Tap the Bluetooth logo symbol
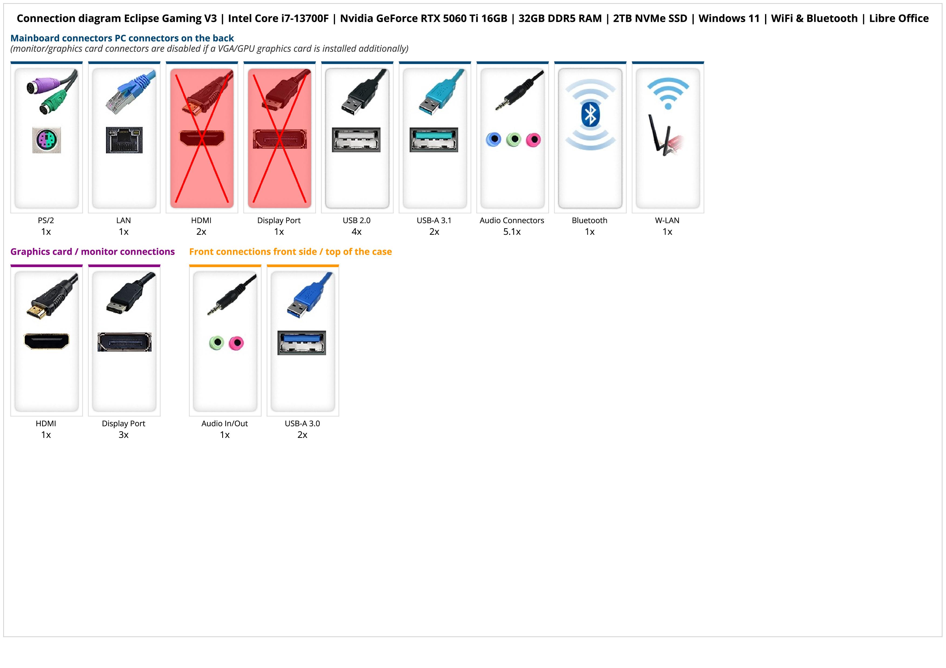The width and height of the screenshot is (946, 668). [590, 115]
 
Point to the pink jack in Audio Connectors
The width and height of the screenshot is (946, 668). [533, 140]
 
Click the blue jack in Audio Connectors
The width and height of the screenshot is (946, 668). [493, 140]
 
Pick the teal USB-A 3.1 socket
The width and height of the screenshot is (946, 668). [433, 140]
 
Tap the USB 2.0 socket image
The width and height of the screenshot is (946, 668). [356, 140]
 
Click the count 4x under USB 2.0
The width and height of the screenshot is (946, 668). [357, 232]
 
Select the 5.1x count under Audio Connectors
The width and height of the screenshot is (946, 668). [512, 232]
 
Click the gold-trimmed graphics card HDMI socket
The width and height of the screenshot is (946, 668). [47, 341]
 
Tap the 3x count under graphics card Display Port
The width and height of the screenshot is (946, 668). [124, 435]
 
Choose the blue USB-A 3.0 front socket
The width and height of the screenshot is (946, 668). [301, 342]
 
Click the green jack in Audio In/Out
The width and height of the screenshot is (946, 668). [217, 342]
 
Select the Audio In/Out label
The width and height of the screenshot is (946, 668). [225, 424]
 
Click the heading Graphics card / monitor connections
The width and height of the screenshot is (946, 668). [92, 251]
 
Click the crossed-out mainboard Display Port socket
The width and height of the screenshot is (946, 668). [279, 139]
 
